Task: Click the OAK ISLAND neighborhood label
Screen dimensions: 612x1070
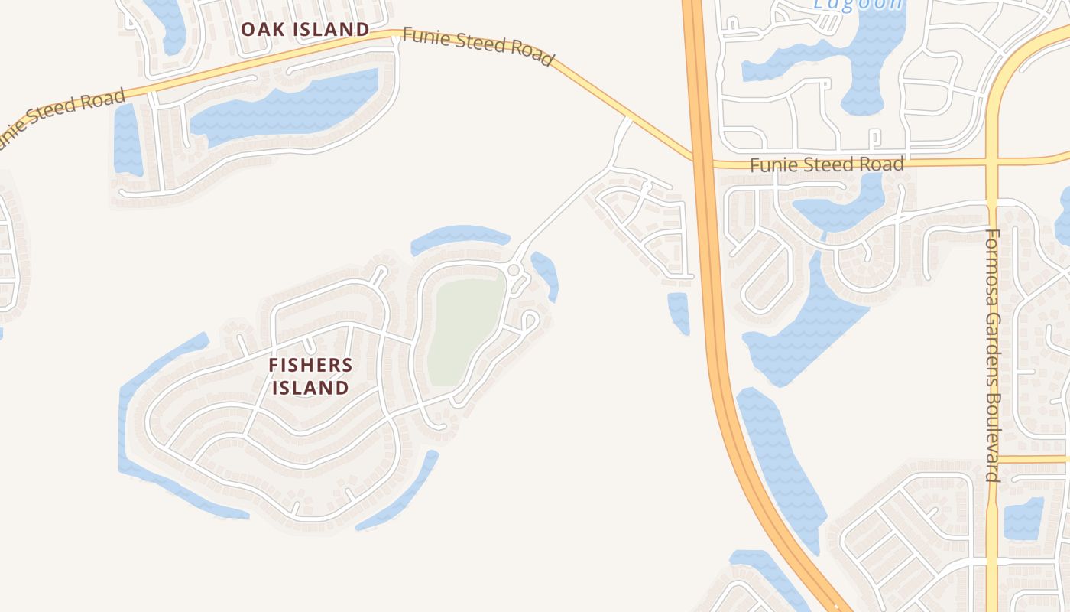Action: (x=305, y=30)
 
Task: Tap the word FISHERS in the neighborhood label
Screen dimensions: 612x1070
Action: (x=310, y=366)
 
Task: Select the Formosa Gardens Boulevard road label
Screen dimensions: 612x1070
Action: (x=993, y=355)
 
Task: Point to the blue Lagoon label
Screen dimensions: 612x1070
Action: (x=858, y=4)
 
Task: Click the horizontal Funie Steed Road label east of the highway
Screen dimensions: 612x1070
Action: (x=826, y=164)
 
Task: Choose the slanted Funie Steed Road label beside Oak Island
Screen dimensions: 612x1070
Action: (x=478, y=46)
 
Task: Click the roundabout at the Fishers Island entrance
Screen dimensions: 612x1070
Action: (x=514, y=270)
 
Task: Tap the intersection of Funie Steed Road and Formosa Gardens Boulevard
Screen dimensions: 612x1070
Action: (x=991, y=162)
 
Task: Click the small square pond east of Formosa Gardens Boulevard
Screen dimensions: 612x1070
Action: (x=1023, y=519)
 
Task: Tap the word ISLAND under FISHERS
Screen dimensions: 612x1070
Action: (x=310, y=388)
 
